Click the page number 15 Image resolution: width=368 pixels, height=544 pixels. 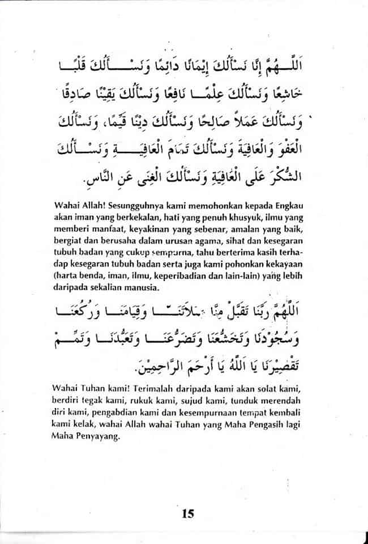pyautogui.click(x=188, y=514)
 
